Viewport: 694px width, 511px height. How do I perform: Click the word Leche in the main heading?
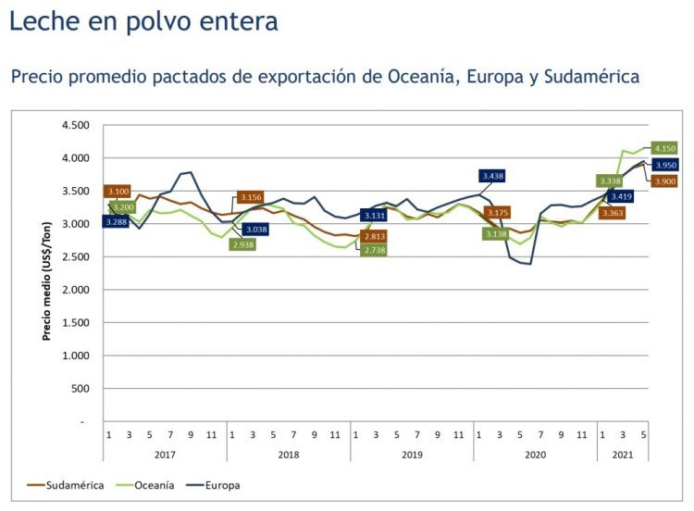click(42, 20)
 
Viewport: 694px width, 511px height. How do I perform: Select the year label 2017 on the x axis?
click(165, 455)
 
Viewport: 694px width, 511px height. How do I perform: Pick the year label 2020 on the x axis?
click(536, 455)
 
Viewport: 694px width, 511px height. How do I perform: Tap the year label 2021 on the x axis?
click(623, 455)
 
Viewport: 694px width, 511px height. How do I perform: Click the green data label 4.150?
click(664, 148)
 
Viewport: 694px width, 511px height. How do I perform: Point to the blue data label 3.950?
click(664, 165)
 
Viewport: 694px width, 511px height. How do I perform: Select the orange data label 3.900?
click(664, 181)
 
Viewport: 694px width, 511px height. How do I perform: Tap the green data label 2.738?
click(374, 250)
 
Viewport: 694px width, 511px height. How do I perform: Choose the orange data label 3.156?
click(251, 197)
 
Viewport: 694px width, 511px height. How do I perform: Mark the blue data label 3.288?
click(116, 222)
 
